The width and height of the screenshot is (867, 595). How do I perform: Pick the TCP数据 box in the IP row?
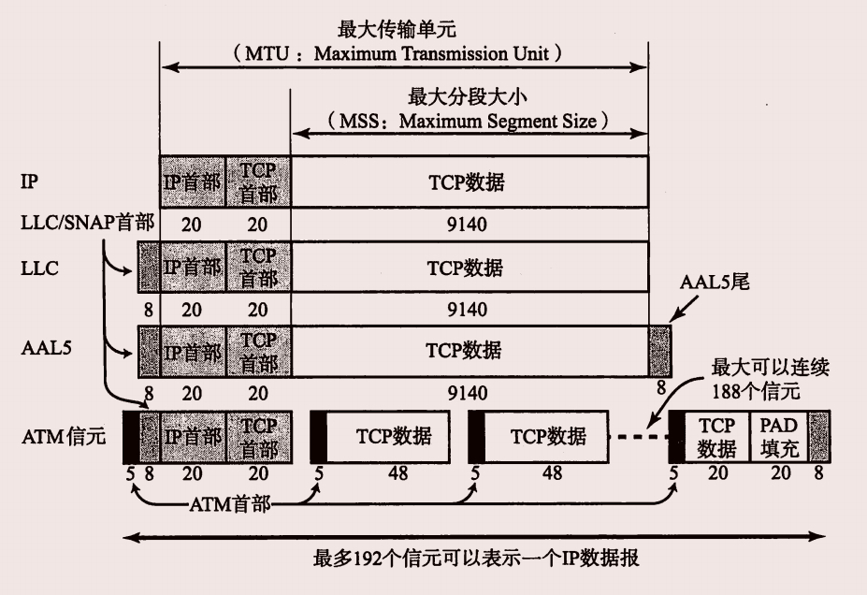470,181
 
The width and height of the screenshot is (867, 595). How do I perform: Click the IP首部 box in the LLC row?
193,267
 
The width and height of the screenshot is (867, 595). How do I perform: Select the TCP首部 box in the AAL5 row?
258,351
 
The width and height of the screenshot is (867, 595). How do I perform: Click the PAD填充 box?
778,437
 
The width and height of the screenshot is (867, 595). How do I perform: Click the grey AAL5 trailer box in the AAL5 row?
659,351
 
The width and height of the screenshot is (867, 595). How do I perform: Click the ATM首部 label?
231,505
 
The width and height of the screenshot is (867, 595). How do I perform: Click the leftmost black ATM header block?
130,436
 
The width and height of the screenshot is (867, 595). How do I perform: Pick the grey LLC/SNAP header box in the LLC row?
149,267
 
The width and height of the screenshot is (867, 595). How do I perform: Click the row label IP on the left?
29,181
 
